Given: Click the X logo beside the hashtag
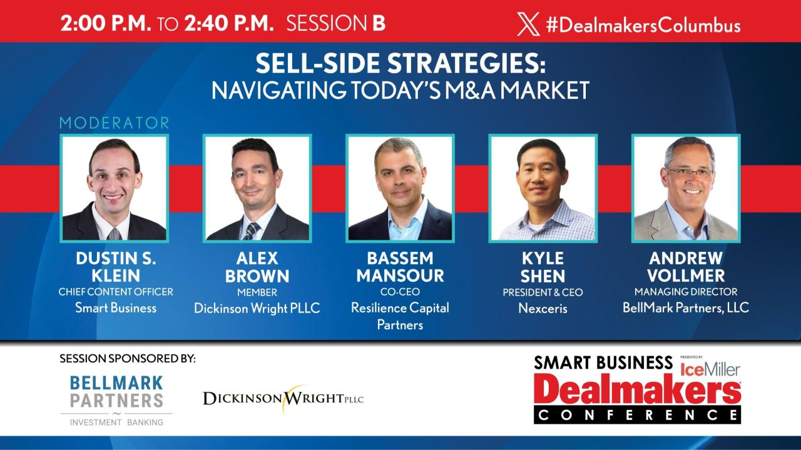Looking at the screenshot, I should click(x=528, y=25).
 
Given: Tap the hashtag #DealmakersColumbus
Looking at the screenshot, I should click(x=643, y=25).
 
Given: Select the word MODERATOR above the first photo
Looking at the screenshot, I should click(x=115, y=122).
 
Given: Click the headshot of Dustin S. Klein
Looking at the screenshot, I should click(x=114, y=188).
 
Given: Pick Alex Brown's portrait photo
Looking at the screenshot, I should click(x=257, y=188).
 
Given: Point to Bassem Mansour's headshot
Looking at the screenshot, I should click(x=400, y=188).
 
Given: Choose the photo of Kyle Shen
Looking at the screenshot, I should click(x=543, y=188).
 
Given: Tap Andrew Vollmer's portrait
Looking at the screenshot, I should click(x=686, y=188).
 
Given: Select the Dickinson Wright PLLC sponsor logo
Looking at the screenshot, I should click(x=283, y=397).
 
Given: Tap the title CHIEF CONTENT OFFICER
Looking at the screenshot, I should click(x=116, y=292).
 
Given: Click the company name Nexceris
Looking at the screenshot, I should click(x=543, y=308).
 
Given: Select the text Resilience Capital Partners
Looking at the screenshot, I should click(x=400, y=316).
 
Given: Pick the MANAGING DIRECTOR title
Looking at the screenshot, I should click(x=686, y=292).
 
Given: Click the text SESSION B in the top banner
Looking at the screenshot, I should click(x=335, y=24).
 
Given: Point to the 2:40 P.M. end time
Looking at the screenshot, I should click(x=229, y=24).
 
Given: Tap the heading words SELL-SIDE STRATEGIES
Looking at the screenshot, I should click(x=400, y=65).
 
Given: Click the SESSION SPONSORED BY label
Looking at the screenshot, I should click(x=128, y=359).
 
